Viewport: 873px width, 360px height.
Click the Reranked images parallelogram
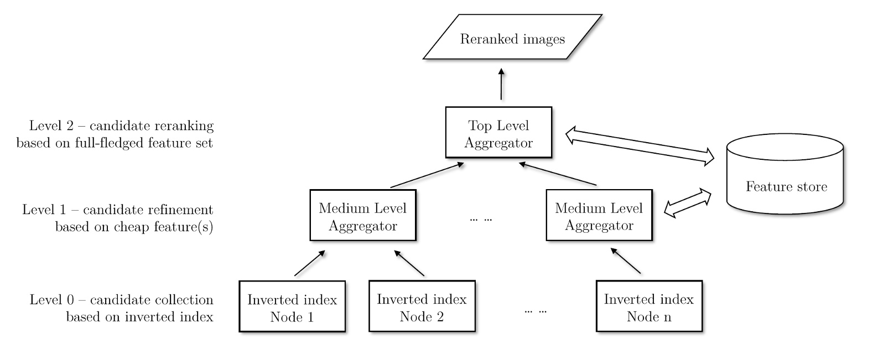point(512,38)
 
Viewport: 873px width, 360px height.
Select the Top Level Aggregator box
point(498,132)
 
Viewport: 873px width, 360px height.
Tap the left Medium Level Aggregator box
point(362,215)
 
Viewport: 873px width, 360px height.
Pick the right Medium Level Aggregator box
point(599,215)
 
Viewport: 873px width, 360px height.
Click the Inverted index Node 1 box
point(292,306)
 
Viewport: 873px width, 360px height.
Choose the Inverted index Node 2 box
point(422,306)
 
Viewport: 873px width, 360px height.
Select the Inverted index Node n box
point(648,306)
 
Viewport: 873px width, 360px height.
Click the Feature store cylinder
point(785,177)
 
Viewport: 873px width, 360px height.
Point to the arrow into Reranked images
point(501,84)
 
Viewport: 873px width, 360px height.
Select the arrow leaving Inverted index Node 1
point(309,263)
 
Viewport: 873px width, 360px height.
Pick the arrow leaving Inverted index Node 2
point(409,263)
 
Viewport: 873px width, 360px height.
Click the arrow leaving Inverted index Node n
point(625,260)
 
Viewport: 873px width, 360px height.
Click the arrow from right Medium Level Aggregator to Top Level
point(558,174)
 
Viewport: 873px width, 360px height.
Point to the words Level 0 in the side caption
point(51,300)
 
